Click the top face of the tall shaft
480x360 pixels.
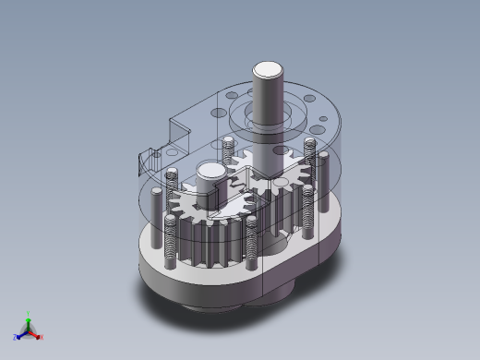269,69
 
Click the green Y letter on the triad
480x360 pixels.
29,314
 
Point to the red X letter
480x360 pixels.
42,337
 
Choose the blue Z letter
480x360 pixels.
16,337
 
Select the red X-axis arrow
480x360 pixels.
36,333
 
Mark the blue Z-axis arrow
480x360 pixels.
21,333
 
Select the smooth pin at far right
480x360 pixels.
325,185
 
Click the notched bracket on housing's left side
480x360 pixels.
143,162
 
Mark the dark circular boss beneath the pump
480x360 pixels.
222,300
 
